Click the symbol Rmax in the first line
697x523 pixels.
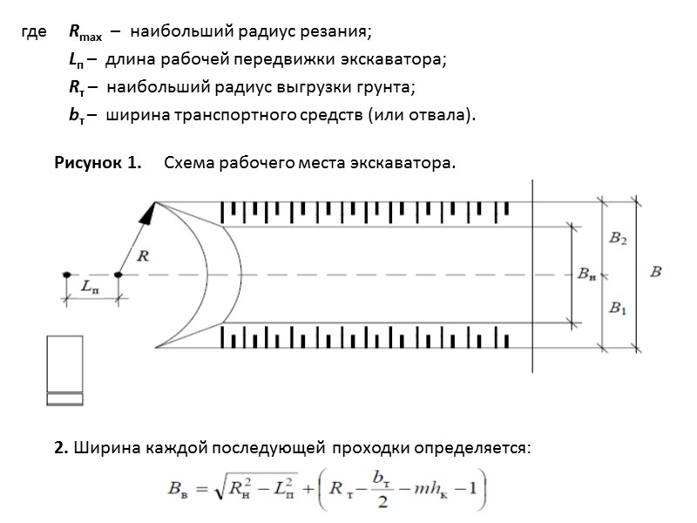pyautogui.click(x=85, y=34)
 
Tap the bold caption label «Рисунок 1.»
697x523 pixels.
pyautogui.click(x=98, y=163)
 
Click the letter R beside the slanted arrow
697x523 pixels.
pyautogui.click(x=145, y=255)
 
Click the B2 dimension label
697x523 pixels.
pyautogui.click(x=617, y=240)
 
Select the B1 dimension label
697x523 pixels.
pyautogui.click(x=617, y=308)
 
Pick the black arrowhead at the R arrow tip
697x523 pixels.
pyautogui.click(x=152, y=210)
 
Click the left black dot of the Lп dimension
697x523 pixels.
pyautogui.click(x=66, y=275)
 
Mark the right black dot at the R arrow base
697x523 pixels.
pyautogui.click(x=118, y=275)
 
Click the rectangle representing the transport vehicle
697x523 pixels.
pyautogui.click(x=64, y=370)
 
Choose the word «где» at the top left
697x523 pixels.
pyautogui.click(x=33, y=33)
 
